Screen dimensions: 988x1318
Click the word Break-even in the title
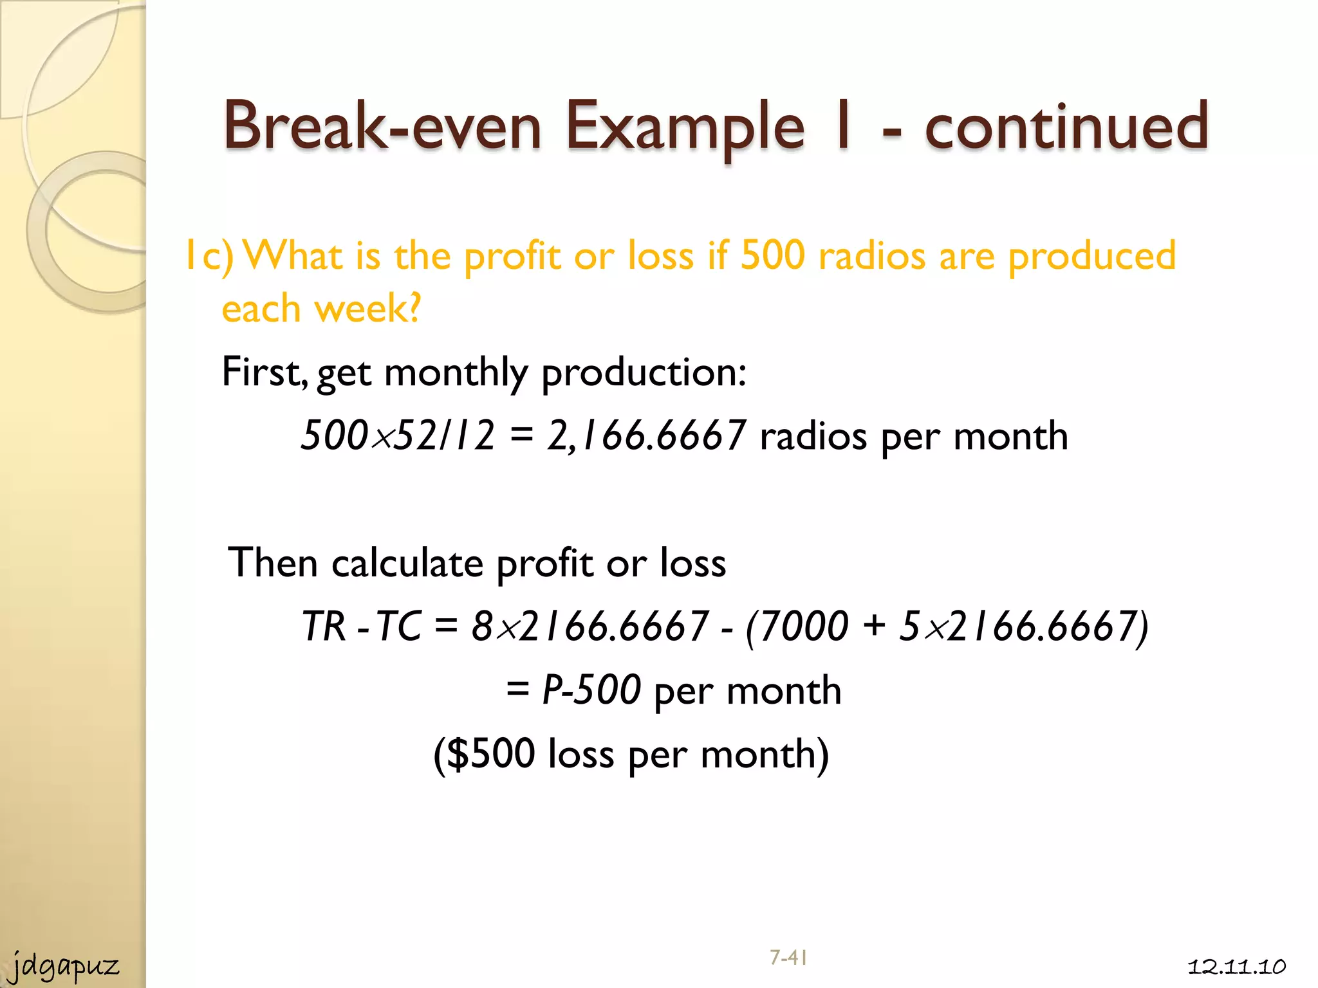(382, 126)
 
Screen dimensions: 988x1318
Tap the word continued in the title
(1067, 126)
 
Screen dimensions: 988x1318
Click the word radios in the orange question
(871, 256)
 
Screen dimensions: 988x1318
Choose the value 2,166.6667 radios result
(646, 435)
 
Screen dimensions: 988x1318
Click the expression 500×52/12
(398, 435)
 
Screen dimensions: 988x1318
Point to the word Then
(273, 563)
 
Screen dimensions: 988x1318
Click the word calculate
(407, 563)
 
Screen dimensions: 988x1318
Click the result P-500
(591, 690)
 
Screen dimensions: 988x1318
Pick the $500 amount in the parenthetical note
(490, 753)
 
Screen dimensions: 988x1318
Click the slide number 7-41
(788, 958)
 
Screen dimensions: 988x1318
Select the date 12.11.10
(1236, 967)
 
